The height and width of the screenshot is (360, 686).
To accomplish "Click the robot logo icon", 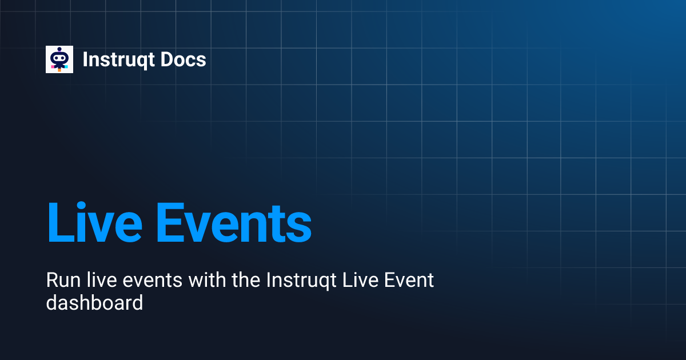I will point(59,59).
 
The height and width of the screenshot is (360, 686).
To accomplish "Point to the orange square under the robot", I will point(59,69).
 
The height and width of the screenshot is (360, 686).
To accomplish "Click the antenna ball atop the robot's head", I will point(59,50).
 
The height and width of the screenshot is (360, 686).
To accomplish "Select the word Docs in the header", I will point(185,59).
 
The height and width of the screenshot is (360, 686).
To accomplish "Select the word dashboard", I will point(94,303).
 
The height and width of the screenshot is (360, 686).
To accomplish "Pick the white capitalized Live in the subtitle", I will point(358,281).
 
